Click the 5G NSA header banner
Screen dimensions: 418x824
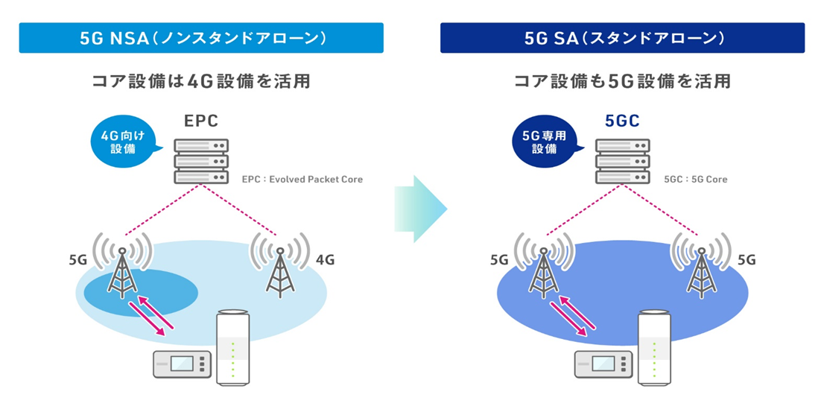tap(200, 38)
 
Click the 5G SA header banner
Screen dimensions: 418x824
tap(622, 38)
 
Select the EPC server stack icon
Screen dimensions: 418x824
tap(200, 160)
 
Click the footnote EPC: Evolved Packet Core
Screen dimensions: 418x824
tap(302, 180)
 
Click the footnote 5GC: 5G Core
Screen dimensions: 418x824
tap(695, 180)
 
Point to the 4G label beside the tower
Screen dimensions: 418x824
tap(325, 260)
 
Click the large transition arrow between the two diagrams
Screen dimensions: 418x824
tap(420, 209)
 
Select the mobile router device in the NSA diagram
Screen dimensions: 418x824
tap(182, 364)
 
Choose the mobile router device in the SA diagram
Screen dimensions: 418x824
tap(603, 364)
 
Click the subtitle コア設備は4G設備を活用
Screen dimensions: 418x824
tap(200, 81)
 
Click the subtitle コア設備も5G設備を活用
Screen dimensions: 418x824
tap(622, 81)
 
